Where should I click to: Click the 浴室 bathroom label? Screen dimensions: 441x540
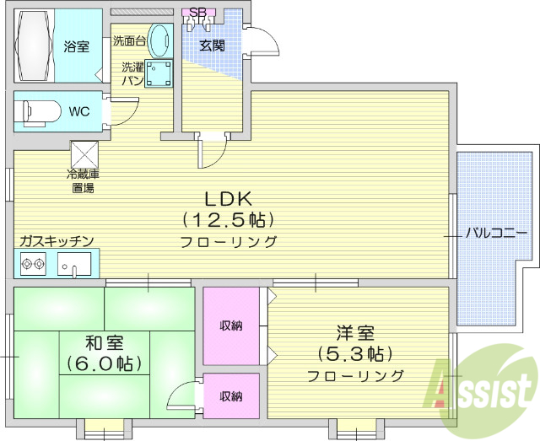tap(77, 46)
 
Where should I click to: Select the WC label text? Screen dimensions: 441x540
tap(78, 111)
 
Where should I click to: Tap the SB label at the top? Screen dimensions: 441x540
tap(197, 12)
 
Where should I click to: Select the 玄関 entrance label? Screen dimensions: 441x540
tap(212, 46)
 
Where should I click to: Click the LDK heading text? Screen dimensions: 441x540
tap(227, 199)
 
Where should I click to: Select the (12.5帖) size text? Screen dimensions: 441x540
tap(227, 221)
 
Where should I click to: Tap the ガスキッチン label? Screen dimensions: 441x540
tap(57, 241)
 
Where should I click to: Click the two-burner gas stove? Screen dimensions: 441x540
tap(34, 265)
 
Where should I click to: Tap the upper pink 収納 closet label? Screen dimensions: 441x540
tap(231, 325)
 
